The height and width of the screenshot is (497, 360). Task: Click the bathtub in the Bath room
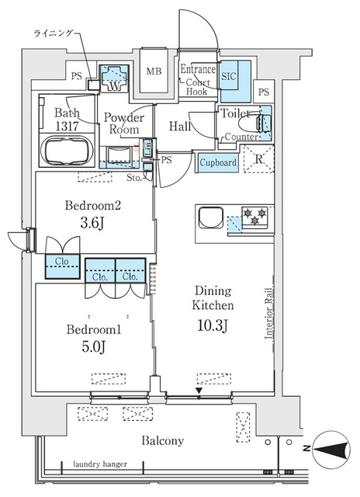point(66,150)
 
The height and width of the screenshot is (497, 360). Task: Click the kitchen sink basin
point(210,217)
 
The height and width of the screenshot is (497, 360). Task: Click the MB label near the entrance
point(154,72)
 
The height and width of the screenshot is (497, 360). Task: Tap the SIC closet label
point(230,76)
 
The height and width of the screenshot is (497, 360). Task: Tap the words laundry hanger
point(100,465)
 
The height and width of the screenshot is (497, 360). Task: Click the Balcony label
point(162,441)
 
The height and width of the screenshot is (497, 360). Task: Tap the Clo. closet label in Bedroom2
point(63,261)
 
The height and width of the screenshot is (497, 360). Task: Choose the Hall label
point(180,126)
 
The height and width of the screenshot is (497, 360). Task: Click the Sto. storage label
point(134,177)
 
